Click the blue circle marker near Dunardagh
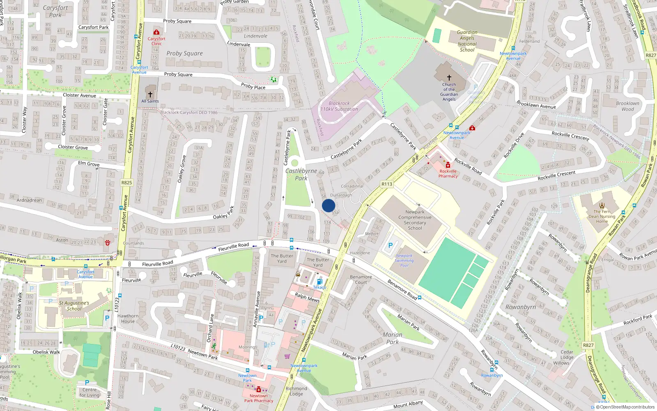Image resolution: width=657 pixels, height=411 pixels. tap(328, 205)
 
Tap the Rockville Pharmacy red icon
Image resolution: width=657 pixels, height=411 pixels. tap(448, 165)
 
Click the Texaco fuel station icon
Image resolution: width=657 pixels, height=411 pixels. tap(319, 282)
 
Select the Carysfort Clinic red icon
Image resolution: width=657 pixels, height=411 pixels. tap(156, 32)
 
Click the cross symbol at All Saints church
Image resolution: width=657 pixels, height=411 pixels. tap(150, 95)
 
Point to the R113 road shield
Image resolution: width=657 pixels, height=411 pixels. tap(386, 184)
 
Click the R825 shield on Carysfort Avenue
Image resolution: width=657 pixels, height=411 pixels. tap(126, 182)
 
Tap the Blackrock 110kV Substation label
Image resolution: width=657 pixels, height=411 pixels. tap(339, 106)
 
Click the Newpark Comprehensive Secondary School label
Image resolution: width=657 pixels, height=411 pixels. tap(415, 220)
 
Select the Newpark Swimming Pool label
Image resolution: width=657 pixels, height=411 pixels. tap(404, 261)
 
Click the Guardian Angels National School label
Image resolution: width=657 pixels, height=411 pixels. tap(467, 41)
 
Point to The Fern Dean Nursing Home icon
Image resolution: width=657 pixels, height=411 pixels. tap(602, 205)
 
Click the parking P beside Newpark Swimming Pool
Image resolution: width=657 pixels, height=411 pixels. tap(390, 245)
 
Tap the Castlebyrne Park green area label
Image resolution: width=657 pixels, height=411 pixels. tap(301, 174)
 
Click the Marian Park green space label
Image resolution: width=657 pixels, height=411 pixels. tap(392, 338)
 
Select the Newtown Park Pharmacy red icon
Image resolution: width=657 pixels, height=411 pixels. tap(259, 390)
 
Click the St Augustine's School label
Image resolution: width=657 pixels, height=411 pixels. tap(74, 306)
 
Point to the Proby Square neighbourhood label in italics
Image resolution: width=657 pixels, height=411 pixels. tap(184, 53)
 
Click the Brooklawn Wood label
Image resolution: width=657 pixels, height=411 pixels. tap(627, 106)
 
